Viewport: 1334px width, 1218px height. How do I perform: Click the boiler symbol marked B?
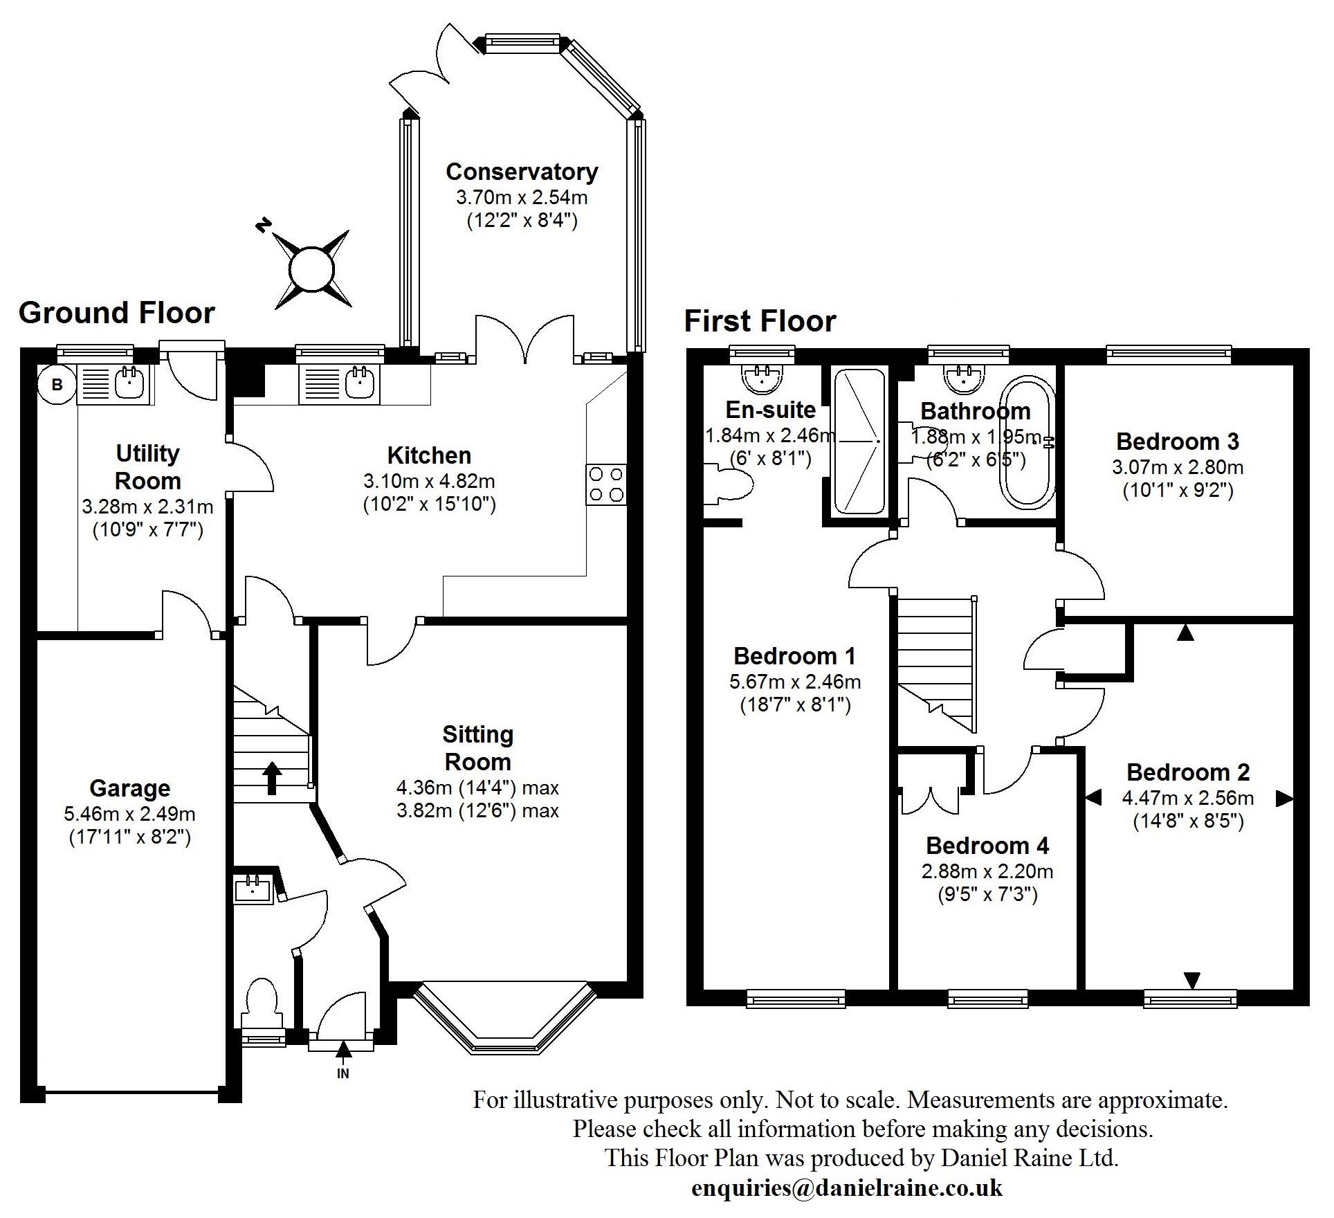(57, 384)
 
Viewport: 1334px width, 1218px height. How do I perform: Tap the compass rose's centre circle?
(312, 269)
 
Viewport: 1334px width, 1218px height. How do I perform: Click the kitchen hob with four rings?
(606, 484)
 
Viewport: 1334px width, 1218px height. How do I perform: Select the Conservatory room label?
(522, 171)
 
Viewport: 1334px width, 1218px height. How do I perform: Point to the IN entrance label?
(342, 1073)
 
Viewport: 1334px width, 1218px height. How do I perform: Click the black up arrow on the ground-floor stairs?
(272, 778)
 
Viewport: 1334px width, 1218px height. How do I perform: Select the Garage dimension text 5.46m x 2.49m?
(129, 814)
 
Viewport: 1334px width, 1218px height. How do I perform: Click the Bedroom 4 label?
(987, 845)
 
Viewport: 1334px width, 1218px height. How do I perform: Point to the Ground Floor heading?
(117, 313)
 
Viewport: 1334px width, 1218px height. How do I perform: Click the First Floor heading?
(760, 321)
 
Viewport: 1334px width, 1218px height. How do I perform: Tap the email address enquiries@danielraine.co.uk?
(846, 1188)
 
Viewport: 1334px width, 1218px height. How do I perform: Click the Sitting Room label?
(477, 747)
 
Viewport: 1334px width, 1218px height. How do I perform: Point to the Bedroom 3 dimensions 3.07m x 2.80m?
(1178, 467)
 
